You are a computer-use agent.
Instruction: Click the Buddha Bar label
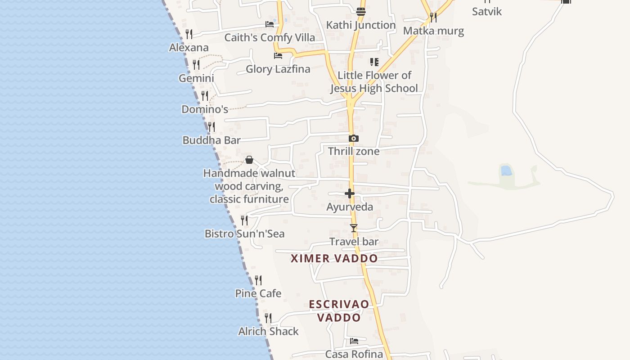[x=211, y=140]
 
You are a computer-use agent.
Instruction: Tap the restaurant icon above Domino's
[x=205, y=96]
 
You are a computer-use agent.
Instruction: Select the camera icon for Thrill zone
[x=354, y=138]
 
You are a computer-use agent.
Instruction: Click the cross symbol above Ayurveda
[x=350, y=193]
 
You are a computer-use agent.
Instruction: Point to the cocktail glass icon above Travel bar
[x=354, y=228]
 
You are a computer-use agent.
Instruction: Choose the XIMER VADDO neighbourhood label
[x=334, y=259]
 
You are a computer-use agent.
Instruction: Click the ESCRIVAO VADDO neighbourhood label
[x=339, y=311]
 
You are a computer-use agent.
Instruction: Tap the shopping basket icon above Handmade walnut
[x=249, y=160]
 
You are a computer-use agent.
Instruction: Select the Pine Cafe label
[x=258, y=293]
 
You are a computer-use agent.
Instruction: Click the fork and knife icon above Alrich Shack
[x=268, y=318]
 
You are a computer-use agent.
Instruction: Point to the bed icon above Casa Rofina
[x=354, y=341]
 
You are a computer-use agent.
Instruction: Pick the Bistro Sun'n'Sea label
[x=244, y=234]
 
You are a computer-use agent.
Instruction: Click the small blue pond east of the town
[x=506, y=171]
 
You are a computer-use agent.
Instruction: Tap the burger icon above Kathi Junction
[x=361, y=11]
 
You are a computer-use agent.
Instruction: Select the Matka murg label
[x=433, y=31]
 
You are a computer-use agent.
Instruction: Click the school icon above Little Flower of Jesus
[x=374, y=62]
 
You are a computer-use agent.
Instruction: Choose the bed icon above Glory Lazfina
[x=278, y=56]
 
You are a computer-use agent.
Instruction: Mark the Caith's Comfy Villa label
[x=270, y=38]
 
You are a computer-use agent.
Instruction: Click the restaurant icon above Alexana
[x=189, y=34]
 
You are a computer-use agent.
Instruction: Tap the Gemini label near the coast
[x=196, y=78]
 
